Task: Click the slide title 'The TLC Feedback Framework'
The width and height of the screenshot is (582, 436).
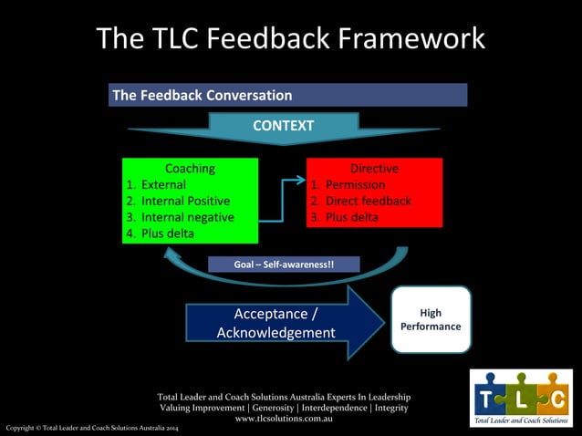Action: click(290, 39)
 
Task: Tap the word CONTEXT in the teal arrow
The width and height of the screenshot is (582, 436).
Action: click(283, 126)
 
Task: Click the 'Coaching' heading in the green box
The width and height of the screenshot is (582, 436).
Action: click(190, 168)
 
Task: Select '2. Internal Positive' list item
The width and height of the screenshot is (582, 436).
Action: click(178, 201)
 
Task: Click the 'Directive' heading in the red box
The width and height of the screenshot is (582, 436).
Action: click(374, 168)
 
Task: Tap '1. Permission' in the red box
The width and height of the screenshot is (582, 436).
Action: click(348, 184)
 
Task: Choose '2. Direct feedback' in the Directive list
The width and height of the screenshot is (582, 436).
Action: click(361, 201)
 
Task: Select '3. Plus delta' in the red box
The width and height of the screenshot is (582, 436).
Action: click(345, 217)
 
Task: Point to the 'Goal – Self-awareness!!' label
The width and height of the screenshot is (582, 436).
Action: click(284, 265)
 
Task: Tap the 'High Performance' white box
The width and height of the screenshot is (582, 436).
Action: click(431, 319)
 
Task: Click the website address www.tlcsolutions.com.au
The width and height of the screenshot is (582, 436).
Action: click(283, 419)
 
